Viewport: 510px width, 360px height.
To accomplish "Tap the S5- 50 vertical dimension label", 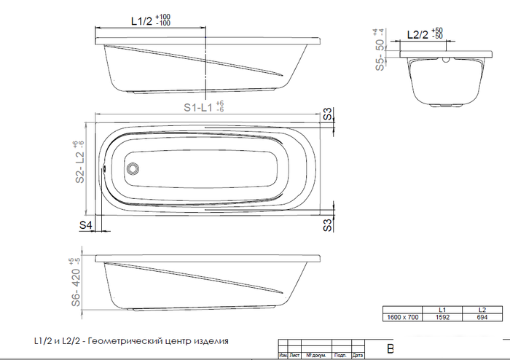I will tap(379, 55).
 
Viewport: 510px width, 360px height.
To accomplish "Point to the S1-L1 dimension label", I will tap(197, 107).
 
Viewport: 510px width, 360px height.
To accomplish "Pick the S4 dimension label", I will tap(86, 226).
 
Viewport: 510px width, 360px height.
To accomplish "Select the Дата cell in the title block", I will tap(357, 356).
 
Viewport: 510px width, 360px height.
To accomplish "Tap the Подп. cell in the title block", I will tap(339, 356).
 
